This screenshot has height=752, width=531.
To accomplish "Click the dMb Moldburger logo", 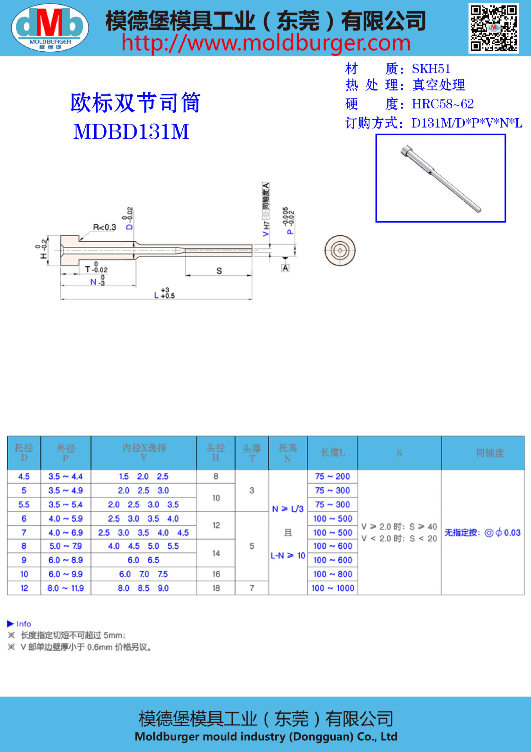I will (x=50, y=28).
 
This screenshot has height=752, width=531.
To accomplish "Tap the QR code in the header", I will (x=493, y=28).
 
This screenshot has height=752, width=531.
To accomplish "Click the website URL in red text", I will (x=266, y=43).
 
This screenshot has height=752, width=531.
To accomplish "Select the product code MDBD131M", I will (x=131, y=132).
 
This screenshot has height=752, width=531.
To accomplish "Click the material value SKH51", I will (x=431, y=69).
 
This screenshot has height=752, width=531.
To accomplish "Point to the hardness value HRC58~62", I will (x=443, y=104).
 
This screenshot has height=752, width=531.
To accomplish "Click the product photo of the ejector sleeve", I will (x=441, y=178).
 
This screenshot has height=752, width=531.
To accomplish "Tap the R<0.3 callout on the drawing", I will (x=104, y=227).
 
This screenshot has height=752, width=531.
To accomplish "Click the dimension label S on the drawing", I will (x=219, y=271).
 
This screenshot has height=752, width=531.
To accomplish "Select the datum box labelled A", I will (x=285, y=268).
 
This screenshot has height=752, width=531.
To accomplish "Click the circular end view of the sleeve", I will (x=340, y=250).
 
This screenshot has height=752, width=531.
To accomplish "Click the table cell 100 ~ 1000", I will (x=333, y=588).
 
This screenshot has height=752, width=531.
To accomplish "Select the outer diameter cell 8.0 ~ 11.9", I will (x=66, y=588).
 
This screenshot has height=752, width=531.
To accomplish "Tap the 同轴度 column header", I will (x=490, y=453).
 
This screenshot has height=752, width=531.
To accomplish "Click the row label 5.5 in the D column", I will (x=24, y=505).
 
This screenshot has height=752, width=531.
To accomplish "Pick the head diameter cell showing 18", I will (x=216, y=588).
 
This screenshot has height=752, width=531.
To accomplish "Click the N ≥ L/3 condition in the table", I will (x=288, y=509).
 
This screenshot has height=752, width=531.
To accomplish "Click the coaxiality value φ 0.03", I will (x=508, y=533).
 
